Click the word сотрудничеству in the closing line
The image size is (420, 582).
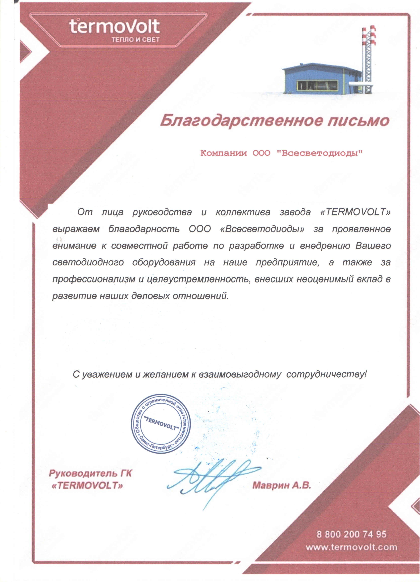[x=326, y=375]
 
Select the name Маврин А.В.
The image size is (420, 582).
[x=282, y=485]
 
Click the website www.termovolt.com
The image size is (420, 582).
[x=351, y=547]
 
